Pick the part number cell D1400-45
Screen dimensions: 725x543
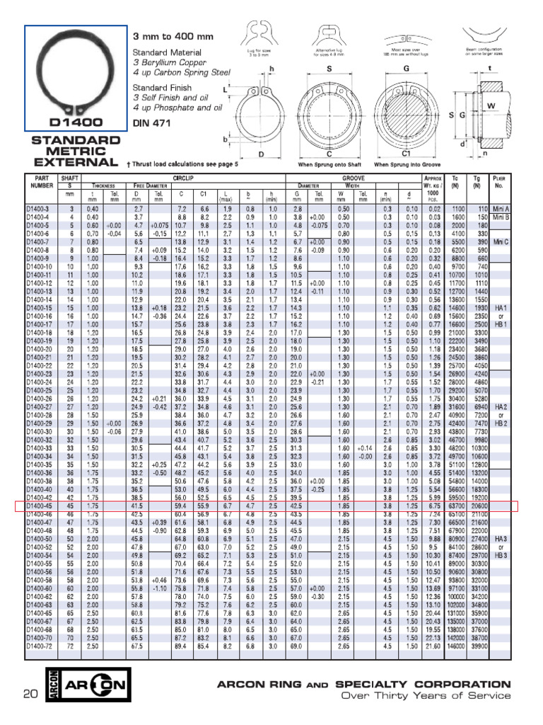tap(40, 506)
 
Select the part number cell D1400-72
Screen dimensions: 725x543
tap(40, 646)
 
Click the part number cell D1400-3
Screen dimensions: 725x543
tap(38, 210)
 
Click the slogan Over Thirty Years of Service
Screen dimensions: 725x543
tap(426, 696)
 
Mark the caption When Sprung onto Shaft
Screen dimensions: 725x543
tap(329, 164)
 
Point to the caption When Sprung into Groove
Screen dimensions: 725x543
tap(405, 164)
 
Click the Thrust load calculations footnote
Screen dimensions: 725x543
tap(182, 164)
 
